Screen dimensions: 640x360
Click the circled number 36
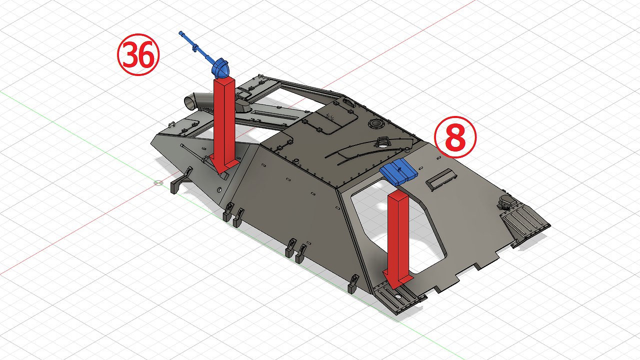[138, 54]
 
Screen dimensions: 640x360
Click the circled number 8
[455, 137]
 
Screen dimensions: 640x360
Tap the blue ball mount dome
[220, 68]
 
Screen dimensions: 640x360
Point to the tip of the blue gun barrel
[180, 33]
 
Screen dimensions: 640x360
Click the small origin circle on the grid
[158, 183]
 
